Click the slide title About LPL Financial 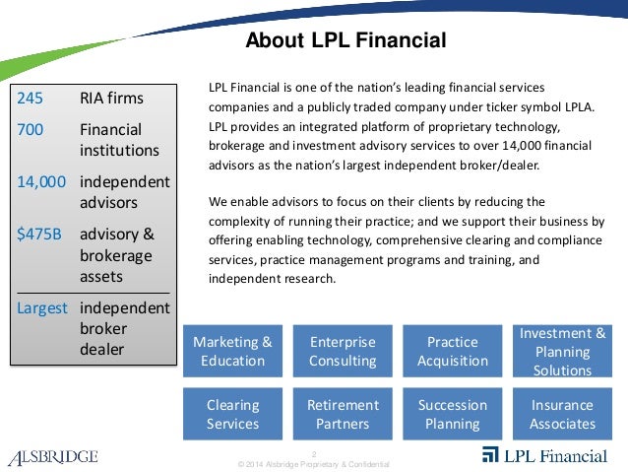point(345,40)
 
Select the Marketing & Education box point(232,352)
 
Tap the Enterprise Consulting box point(343,352)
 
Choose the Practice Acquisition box point(453,352)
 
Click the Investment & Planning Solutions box point(562,352)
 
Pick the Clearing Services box point(232,414)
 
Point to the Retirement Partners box point(343,414)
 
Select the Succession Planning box point(453,414)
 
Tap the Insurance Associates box point(562,414)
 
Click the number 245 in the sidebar point(31,98)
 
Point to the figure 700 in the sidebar point(31,130)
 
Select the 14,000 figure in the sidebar point(42,182)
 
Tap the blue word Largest point(42,306)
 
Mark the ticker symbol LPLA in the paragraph point(575,106)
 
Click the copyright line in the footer point(308,463)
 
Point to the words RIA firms point(111,98)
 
